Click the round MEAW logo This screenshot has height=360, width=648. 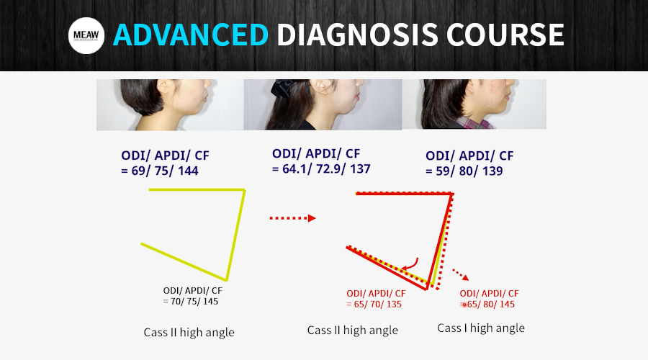pos(86,35)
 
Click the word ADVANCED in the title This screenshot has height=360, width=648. pos(191,35)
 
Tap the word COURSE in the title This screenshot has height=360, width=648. pos(505,35)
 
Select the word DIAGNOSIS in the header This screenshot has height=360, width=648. pos(357,35)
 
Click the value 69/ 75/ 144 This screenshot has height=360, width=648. pos(164,171)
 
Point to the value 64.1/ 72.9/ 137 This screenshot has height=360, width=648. pos(326,168)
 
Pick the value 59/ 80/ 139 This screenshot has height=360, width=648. pos(469,171)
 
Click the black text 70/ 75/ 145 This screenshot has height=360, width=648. pos(194,301)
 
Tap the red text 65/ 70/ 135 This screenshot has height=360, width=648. pos(377,305)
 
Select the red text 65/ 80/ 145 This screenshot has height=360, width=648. pos(490,305)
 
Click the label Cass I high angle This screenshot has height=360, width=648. pos(481,328)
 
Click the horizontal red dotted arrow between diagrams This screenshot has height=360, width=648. pos(292,218)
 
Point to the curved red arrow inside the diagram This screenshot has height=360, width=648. pos(410,264)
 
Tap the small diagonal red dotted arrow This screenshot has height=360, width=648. pos(460,274)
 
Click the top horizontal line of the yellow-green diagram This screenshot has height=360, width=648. pos(197,189)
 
